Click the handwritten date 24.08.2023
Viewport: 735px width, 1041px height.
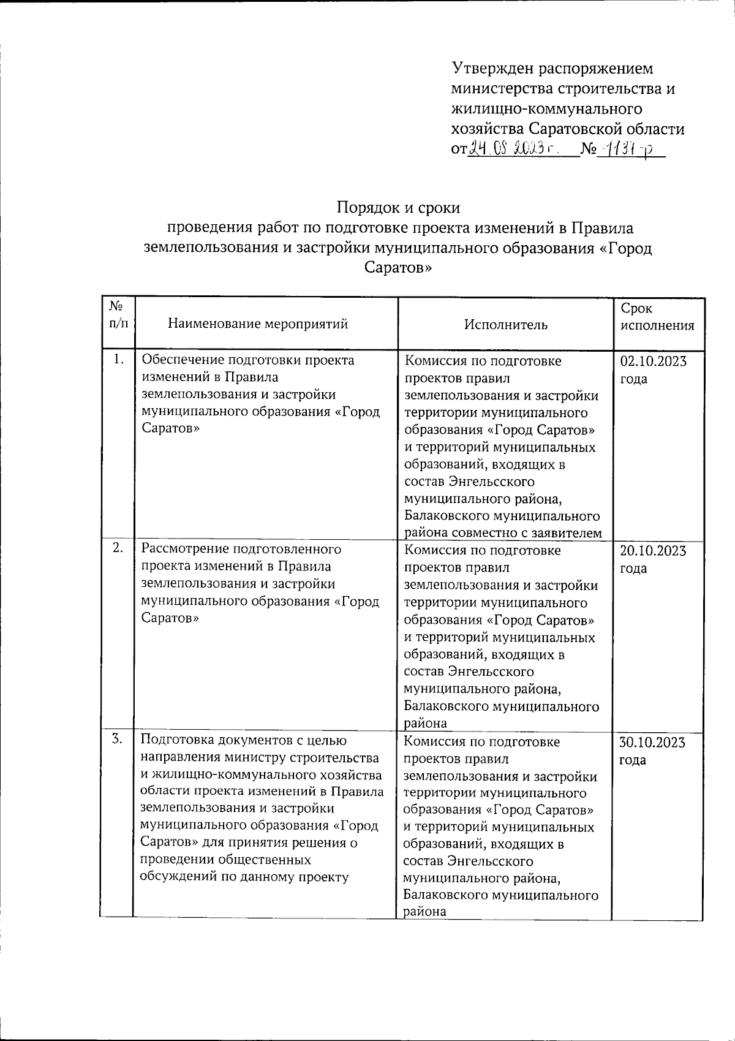tap(514, 149)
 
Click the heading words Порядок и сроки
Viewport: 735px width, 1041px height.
tap(401, 208)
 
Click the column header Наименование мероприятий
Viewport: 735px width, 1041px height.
tap(258, 324)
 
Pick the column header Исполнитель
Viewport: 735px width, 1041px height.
tap(505, 325)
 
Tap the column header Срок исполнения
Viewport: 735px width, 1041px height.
tap(657, 317)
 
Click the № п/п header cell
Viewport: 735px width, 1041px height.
tap(118, 314)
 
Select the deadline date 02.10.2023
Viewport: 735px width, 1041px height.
tap(653, 361)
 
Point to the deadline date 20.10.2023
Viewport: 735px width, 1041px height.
tap(653, 551)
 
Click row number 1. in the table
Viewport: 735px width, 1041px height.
tap(119, 360)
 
